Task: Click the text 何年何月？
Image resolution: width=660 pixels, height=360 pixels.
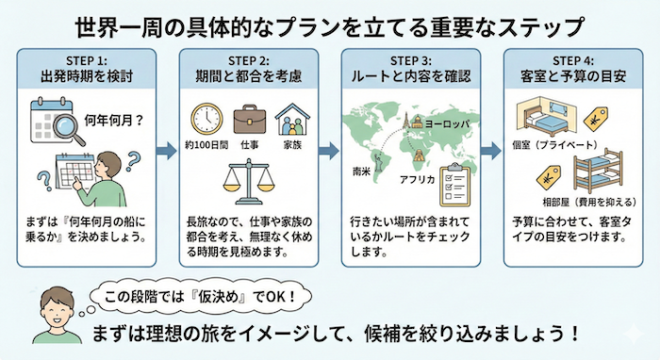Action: click(x=114, y=122)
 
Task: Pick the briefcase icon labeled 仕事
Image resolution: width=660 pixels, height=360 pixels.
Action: click(x=250, y=120)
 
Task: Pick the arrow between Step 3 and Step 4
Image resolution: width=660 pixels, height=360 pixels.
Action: click(x=491, y=149)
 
